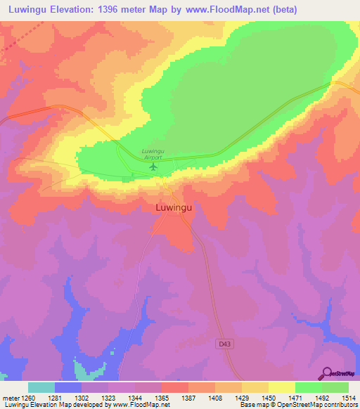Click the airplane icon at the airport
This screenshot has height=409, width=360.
[154, 167]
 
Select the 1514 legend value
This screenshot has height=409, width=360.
[349, 398]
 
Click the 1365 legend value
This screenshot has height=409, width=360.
[161, 398]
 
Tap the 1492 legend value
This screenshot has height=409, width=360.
[321, 398]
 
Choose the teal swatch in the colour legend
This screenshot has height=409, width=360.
[41, 387]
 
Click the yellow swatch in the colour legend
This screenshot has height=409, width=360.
[281, 387]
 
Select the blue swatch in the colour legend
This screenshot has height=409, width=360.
[68, 387]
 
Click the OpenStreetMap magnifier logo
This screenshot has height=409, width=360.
[325, 374]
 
